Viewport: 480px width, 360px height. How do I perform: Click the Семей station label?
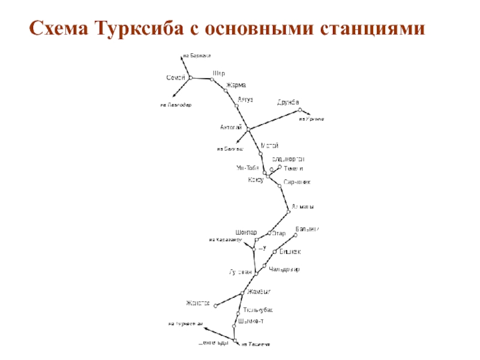(175, 78)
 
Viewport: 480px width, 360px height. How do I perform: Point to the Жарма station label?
(235, 86)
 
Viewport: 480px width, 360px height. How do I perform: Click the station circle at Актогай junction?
(248, 129)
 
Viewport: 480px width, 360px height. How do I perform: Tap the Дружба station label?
(288, 102)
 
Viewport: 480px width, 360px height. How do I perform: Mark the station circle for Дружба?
(301, 110)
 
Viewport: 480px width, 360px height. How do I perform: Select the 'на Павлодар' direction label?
(176, 104)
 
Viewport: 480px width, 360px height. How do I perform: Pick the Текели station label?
(293, 169)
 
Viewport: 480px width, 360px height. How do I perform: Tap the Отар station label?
(278, 233)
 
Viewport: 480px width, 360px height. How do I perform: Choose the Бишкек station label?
(290, 251)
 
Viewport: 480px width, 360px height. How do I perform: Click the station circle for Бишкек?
(275, 252)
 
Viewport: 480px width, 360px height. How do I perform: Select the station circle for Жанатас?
(216, 305)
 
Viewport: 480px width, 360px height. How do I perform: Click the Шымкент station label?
(251, 321)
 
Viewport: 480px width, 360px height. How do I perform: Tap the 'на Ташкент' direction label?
(256, 344)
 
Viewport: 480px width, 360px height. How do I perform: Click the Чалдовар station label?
(284, 269)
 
